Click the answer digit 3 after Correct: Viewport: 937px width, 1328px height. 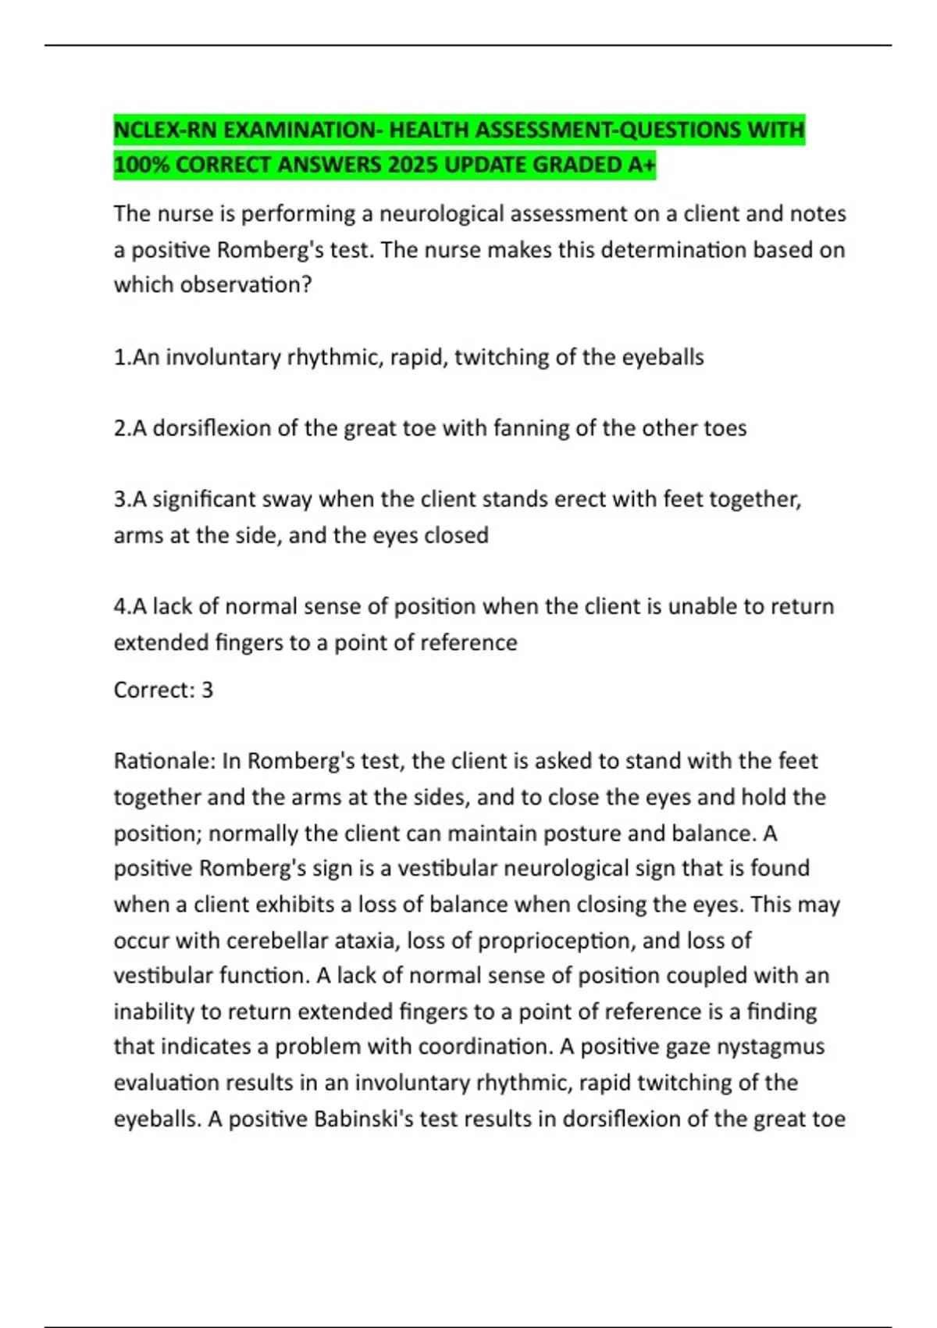[x=207, y=690]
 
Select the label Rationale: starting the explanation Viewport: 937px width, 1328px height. [x=164, y=761]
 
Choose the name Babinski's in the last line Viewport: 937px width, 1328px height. [x=363, y=1119]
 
